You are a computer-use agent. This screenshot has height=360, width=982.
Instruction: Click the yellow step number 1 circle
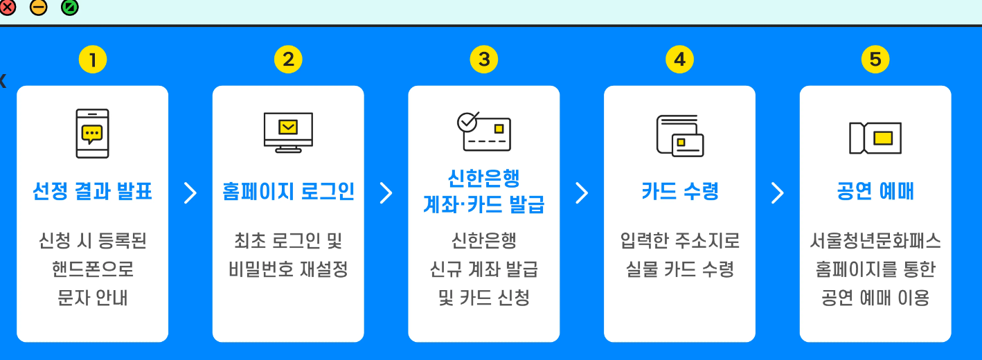92,60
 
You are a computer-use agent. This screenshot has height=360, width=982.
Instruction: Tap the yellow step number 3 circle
483,60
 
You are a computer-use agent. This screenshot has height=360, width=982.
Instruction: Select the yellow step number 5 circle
875,60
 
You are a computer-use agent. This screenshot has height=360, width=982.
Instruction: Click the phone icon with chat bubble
92,134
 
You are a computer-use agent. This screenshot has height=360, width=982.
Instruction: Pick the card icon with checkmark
483,132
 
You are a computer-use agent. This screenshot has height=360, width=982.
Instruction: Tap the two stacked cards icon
679,135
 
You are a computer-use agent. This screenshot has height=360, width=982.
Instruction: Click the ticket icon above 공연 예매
875,137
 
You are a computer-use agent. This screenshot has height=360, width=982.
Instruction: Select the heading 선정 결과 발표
92,191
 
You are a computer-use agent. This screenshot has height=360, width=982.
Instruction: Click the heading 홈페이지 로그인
288,191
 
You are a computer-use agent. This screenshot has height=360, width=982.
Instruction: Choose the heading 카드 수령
679,191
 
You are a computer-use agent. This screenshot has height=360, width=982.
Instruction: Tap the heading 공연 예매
875,191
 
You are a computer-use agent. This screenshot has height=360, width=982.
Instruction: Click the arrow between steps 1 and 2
190,193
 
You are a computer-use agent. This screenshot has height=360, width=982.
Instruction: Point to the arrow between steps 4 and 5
778,193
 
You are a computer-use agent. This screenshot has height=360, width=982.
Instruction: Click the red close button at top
8,8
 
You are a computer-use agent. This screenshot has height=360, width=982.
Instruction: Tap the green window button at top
69,8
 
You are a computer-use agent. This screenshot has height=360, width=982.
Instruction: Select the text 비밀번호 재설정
288,269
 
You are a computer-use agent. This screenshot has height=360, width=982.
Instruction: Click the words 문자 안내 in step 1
92,298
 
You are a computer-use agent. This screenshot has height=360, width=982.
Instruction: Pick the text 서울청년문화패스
875,241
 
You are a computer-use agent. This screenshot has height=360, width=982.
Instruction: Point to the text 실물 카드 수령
679,269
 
